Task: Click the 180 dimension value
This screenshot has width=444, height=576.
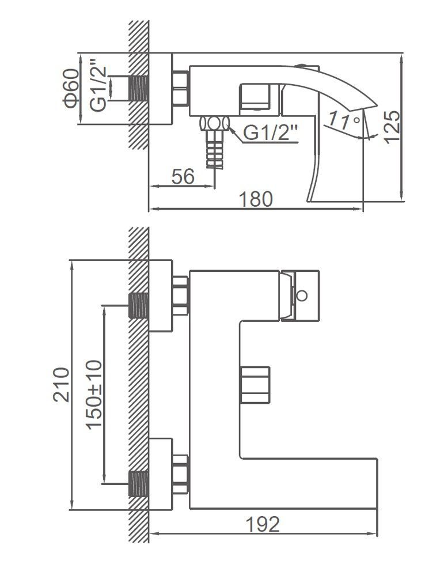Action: pyautogui.click(x=256, y=199)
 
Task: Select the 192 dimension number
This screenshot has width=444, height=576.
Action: pyautogui.click(x=262, y=524)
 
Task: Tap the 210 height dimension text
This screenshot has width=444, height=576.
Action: pyautogui.click(x=61, y=385)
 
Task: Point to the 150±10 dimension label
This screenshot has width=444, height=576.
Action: pyautogui.click(x=94, y=395)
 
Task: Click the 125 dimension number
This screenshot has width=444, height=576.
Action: pyautogui.click(x=392, y=126)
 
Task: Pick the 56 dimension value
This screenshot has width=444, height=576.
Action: pyautogui.click(x=183, y=176)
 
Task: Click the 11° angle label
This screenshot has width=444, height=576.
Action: pyautogui.click(x=344, y=120)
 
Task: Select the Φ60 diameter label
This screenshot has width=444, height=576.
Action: pyautogui.click(x=71, y=88)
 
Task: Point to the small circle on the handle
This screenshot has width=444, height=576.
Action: pyautogui.click(x=302, y=295)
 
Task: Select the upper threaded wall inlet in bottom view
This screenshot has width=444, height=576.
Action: pyautogui.click(x=139, y=305)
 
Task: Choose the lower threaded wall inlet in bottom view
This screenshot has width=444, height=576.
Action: pyautogui.click(x=139, y=484)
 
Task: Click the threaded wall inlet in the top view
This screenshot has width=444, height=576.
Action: pyautogui.click(x=139, y=89)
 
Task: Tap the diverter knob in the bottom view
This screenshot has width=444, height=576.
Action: pyautogui.click(x=255, y=385)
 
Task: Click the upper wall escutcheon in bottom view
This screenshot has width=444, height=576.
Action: pyautogui.click(x=161, y=295)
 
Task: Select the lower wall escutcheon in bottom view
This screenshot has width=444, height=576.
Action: pyautogui.click(x=161, y=474)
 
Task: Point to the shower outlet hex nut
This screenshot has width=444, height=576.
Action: pyautogui.click(x=215, y=123)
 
